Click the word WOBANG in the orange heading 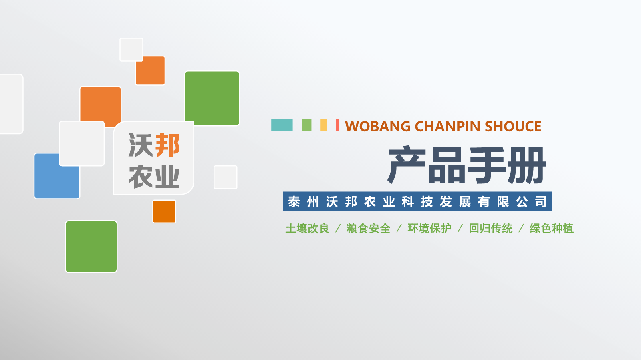coord(377,126)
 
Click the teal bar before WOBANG coord(282,125)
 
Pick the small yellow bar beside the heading coord(323,125)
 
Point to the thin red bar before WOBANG coord(337,125)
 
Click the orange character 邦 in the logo coord(168,145)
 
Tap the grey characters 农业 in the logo coord(154,177)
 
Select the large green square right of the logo coord(212,99)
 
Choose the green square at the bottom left coord(91,247)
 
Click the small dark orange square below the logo coord(164,211)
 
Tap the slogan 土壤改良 coord(307,229)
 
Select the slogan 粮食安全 coord(368,229)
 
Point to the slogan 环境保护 coord(429,229)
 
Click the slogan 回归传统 coord(490,229)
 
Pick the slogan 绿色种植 coord(552,229)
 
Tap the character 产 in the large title coord(407,165)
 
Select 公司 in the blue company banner coord(532,201)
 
